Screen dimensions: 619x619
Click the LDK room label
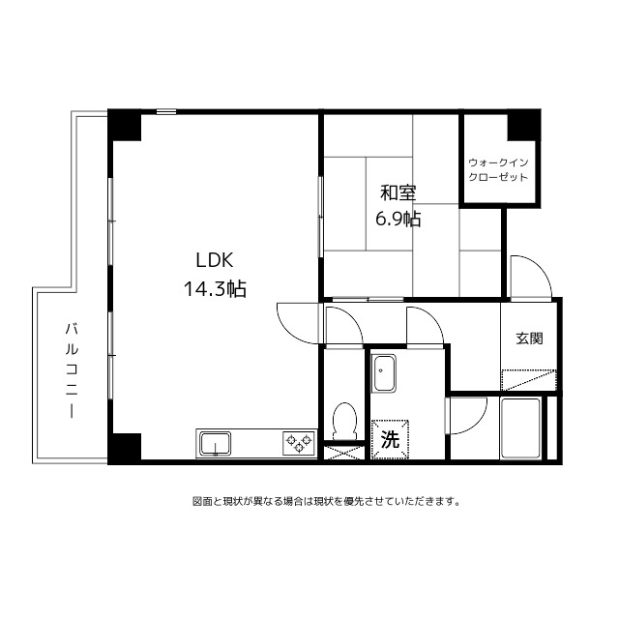(215, 260)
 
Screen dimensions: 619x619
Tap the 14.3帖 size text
(215, 289)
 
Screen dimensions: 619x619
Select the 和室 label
(398, 193)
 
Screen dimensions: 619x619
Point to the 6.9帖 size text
(398, 219)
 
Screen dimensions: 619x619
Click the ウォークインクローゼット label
(498, 170)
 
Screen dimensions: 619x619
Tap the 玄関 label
(530, 339)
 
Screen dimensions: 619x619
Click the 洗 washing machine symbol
(390, 439)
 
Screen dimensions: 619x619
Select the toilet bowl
(344, 421)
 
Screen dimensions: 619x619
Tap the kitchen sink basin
(215, 443)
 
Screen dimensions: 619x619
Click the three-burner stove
(299, 443)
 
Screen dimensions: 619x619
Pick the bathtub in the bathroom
(520, 428)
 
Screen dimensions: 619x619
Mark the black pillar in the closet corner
(523, 126)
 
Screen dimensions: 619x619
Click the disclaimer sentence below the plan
(326, 502)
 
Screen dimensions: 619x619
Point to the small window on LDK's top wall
(165, 112)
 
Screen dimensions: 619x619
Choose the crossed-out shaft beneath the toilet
(343, 453)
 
